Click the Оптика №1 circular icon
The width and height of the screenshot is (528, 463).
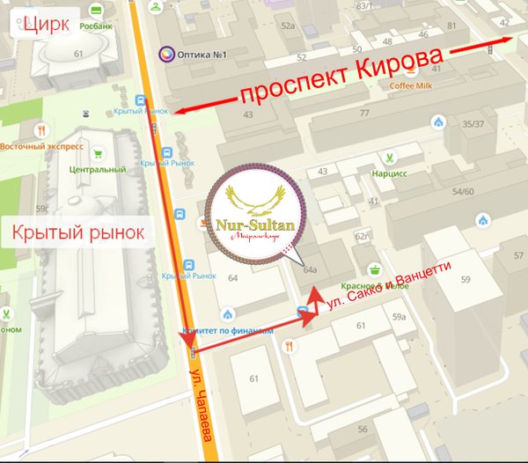(165, 55)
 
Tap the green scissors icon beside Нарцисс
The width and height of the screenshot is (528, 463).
(386, 159)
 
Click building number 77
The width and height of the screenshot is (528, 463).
(364, 113)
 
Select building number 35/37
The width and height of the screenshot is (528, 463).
(474, 124)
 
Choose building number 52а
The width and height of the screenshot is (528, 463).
(288, 26)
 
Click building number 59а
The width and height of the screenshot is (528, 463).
(399, 316)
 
